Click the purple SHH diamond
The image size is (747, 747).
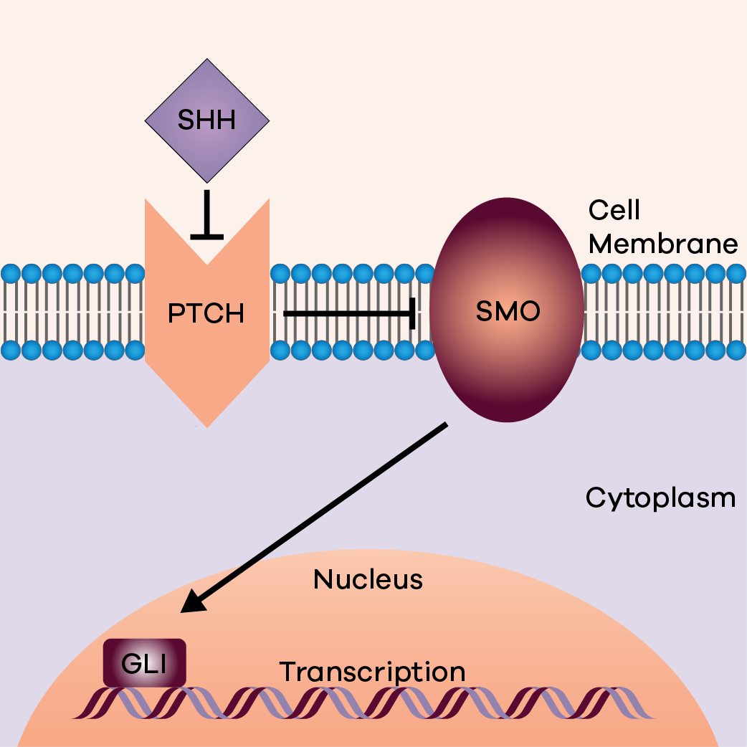coord(207,93)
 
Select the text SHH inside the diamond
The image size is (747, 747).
coord(207,120)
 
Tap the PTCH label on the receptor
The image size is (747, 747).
coord(206,313)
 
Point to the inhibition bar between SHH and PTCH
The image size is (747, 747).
coord(207,234)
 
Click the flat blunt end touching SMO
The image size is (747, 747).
coord(414,313)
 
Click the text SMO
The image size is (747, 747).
coord(507,312)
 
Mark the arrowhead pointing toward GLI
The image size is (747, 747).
coord(190,606)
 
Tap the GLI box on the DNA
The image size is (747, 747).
coord(145,663)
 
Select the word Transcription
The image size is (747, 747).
coord(372,672)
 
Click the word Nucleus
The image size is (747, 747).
coord(368,579)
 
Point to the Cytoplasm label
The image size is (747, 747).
coord(660,497)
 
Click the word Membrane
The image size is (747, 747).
coord(662,244)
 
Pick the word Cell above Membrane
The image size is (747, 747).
coord(614,210)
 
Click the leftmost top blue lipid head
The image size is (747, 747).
coord(10,273)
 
